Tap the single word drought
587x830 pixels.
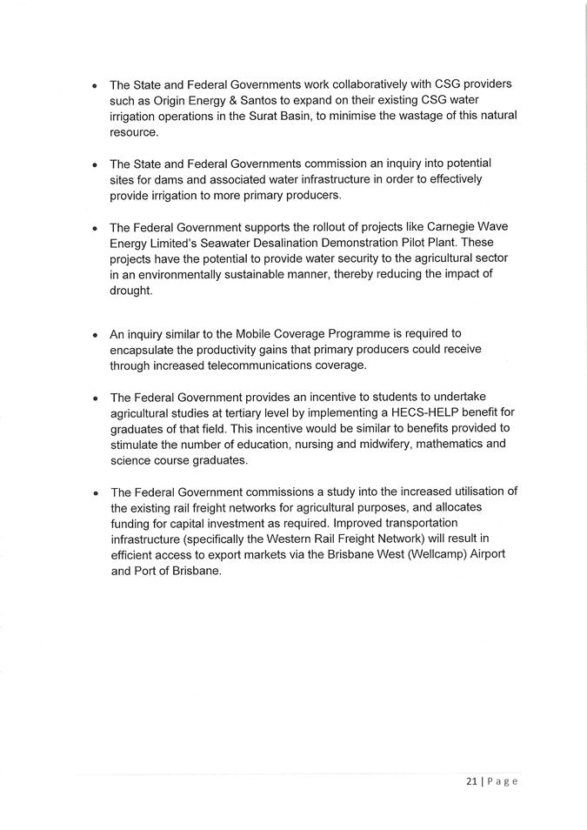tap(131, 291)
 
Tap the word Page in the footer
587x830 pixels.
tap(502, 780)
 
